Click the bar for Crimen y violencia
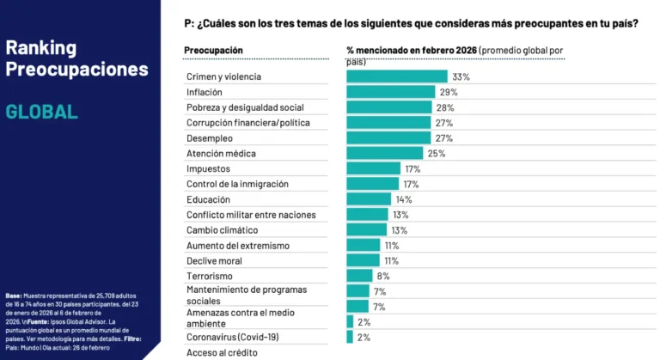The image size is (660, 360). pos(396,76)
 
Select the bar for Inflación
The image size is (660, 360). pos(391,92)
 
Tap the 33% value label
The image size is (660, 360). pos(461,76)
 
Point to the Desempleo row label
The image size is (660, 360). pos(209,137)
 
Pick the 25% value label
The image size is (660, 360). pos(437,154)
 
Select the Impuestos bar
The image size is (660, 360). pos(373,168)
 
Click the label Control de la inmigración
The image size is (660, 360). pos(237,184)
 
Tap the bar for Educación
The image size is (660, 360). pos(369,199)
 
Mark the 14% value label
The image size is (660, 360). pos(404,199)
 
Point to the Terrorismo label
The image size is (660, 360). pos(209,276)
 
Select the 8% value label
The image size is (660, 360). pos(383,276)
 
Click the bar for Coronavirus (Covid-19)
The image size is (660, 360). pos(350,338)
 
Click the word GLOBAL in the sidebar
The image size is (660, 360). pos(41,112)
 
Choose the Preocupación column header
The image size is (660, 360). pos(213,50)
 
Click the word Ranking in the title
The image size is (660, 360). pos(40,47)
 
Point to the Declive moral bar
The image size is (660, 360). pos(363,260)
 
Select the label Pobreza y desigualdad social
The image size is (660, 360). pos(245,107)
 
